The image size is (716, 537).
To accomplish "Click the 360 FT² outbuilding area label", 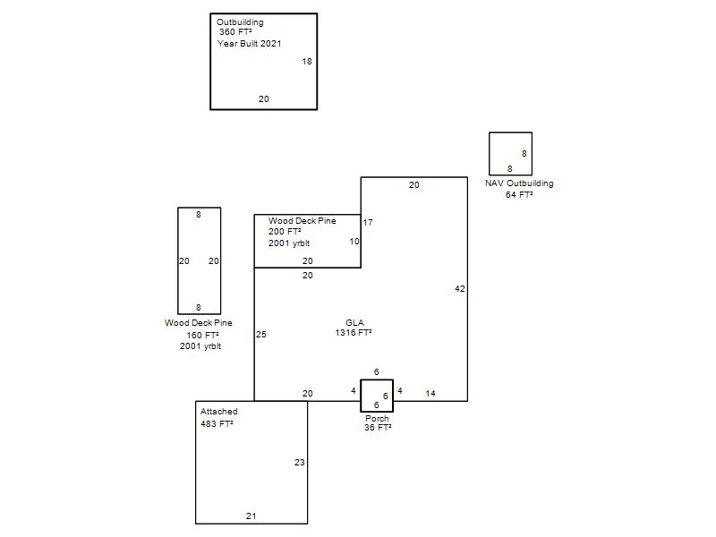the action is pyautogui.click(x=235, y=32).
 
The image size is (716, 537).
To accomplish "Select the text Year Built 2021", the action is pyautogui.click(x=250, y=43).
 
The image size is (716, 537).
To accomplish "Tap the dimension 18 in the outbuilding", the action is pyautogui.click(x=307, y=61).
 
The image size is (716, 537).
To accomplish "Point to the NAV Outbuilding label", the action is pyautogui.click(x=519, y=183).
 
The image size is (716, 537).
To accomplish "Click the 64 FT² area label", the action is pyautogui.click(x=519, y=194).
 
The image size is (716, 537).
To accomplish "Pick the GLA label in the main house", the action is pyautogui.click(x=354, y=322).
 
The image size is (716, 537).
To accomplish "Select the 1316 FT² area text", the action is pyautogui.click(x=354, y=332).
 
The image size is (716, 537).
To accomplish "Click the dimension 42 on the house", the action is pyautogui.click(x=460, y=288).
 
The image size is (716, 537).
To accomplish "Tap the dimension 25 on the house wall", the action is pyautogui.click(x=261, y=334).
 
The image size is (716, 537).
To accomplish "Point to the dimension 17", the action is pyautogui.click(x=368, y=222).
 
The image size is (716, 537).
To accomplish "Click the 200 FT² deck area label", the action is pyautogui.click(x=285, y=232).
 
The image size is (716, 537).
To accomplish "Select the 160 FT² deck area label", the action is pyautogui.click(x=202, y=335).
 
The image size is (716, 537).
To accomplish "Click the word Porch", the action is pyautogui.click(x=377, y=418).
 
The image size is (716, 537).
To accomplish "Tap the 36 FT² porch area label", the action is pyautogui.click(x=378, y=428).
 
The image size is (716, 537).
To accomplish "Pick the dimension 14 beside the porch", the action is pyautogui.click(x=430, y=393).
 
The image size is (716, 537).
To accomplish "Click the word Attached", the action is pyautogui.click(x=218, y=412).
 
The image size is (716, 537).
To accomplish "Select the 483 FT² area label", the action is pyautogui.click(x=217, y=423).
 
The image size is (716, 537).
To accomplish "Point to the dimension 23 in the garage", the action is pyautogui.click(x=300, y=462).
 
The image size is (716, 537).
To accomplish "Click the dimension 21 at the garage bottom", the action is pyautogui.click(x=251, y=516).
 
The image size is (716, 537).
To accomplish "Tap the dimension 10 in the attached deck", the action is pyautogui.click(x=354, y=241).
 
